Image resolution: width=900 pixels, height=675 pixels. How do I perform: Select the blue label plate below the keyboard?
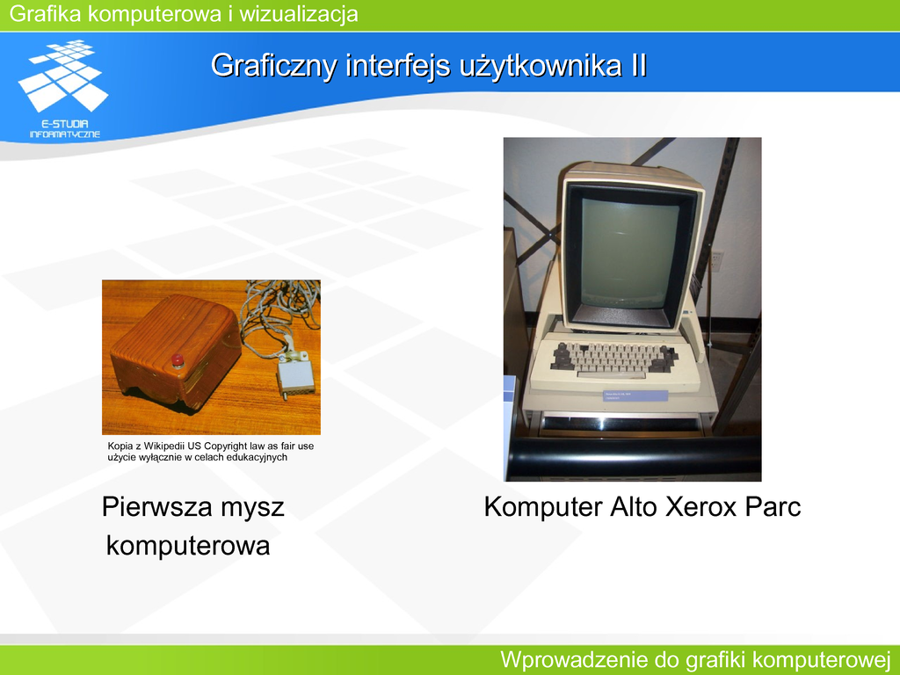(x=635, y=396)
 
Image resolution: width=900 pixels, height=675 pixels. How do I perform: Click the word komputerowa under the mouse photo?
(x=188, y=546)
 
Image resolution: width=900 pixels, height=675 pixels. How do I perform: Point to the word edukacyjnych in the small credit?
(x=257, y=457)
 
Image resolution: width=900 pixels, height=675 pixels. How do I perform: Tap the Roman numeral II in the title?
(x=639, y=65)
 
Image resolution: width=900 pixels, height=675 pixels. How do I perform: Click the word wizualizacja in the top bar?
(x=299, y=14)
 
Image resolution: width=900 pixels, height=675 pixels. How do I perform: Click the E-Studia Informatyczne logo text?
(x=65, y=129)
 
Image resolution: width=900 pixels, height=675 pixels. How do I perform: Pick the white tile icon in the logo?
(x=63, y=76)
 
